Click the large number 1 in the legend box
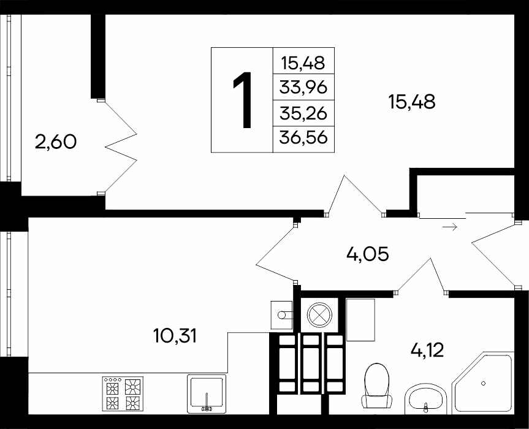[243, 100]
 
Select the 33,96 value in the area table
[303, 88]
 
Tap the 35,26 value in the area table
[303, 113]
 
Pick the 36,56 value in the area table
[303, 138]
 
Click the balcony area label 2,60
[56, 142]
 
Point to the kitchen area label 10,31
[175, 336]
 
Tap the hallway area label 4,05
[368, 254]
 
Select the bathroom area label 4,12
[427, 351]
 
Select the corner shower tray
[483, 383]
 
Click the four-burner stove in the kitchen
[123, 393]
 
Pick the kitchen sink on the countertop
[207, 394]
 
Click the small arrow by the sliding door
[450, 227]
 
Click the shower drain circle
[484, 383]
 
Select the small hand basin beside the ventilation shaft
[282, 315]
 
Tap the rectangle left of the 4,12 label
[360, 320]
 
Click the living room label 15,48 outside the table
[411, 102]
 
